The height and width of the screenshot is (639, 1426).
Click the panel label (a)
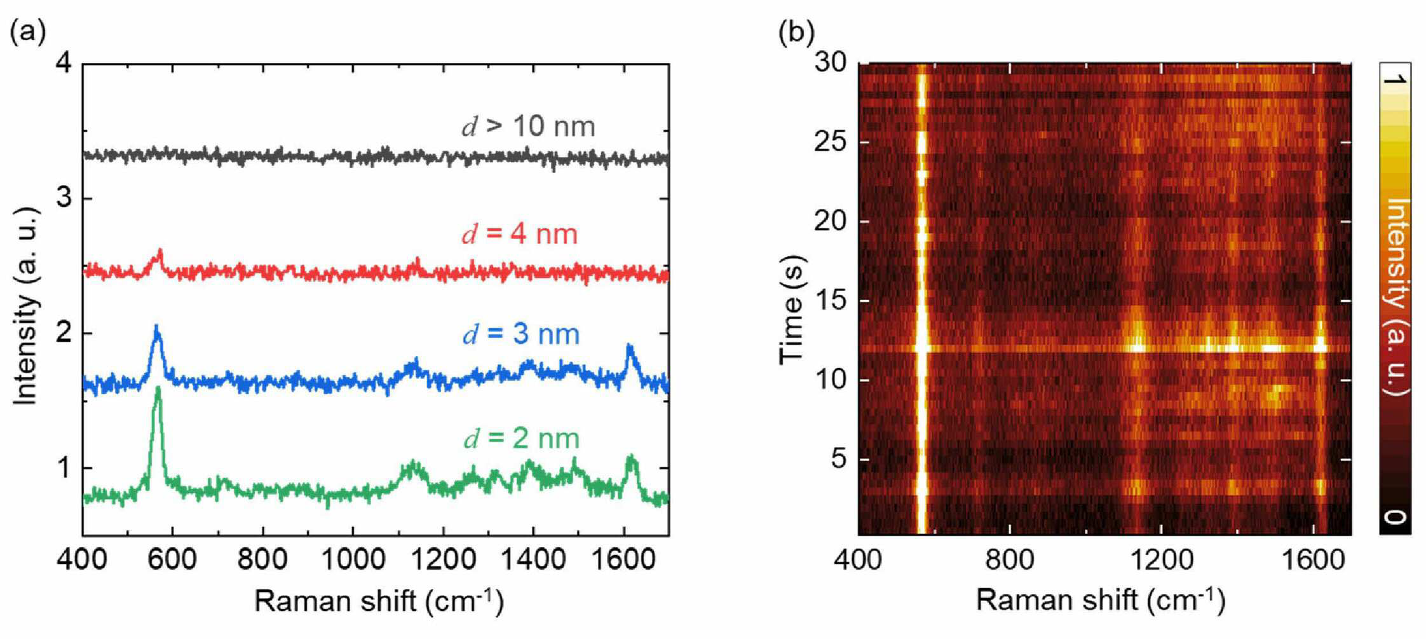click(28, 31)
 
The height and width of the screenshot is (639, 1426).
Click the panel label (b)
click(796, 31)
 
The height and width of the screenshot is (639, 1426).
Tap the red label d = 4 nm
click(520, 235)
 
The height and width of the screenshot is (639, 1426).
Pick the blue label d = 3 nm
click(521, 334)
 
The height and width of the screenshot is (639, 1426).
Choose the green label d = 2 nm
click(521, 439)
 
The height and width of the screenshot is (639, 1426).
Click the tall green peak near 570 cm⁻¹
click(158, 389)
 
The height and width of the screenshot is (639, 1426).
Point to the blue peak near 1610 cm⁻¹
click(630, 347)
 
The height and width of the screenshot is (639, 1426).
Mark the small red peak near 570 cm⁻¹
click(160, 251)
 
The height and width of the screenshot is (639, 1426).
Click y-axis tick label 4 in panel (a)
click(65, 64)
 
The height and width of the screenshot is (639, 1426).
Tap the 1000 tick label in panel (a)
click(353, 560)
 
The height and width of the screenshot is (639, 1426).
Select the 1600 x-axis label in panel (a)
click(623, 560)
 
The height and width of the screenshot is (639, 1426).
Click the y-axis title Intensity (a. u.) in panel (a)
click(25, 306)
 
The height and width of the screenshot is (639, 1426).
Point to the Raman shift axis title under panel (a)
click(379, 601)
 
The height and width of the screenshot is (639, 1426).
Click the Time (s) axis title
click(792, 310)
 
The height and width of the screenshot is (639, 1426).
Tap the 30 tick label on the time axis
click(831, 63)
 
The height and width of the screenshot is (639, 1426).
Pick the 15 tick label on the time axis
click(831, 301)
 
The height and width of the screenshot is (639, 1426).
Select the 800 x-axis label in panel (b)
click(1010, 560)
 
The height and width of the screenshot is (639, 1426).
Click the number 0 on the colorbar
click(1395, 517)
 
